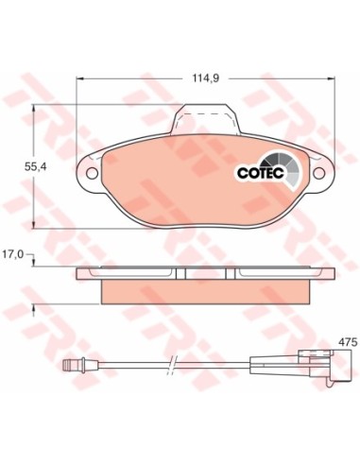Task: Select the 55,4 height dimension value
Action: pyautogui.click(x=35, y=167)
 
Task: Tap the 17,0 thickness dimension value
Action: pyautogui.click(x=13, y=254)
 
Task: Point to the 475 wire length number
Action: pyautogui.click(x=348, y=342)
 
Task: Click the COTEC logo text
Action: pyautogui.click(x=261, y=173)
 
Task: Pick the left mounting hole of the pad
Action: pyautogui.click(x=92, y=173)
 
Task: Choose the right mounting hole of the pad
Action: pyautogui.click(x=318, y=173)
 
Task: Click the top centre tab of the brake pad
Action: pyautogui.click(x=205, y=119)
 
